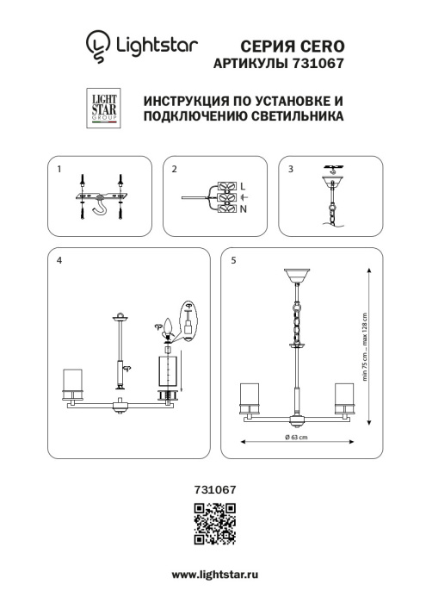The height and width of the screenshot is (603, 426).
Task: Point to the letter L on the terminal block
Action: click(243, 186)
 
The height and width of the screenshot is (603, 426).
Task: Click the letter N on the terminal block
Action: click(243, 208)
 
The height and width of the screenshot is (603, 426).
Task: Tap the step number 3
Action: click(291, 170)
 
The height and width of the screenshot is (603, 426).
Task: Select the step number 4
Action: click(59, 259)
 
